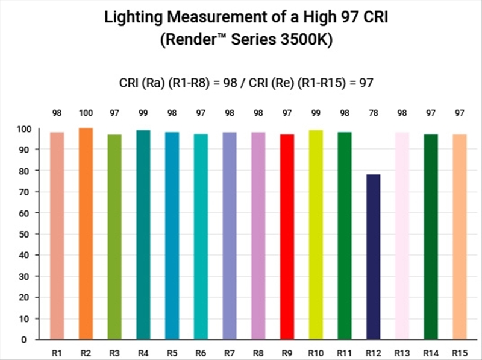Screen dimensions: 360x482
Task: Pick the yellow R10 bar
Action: point(316,235)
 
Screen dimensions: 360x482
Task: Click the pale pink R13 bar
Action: point(402,236)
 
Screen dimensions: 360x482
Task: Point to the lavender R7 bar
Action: point(230,236)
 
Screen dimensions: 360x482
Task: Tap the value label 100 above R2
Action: point(86,112)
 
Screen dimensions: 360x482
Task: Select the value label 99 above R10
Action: point(316,112)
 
